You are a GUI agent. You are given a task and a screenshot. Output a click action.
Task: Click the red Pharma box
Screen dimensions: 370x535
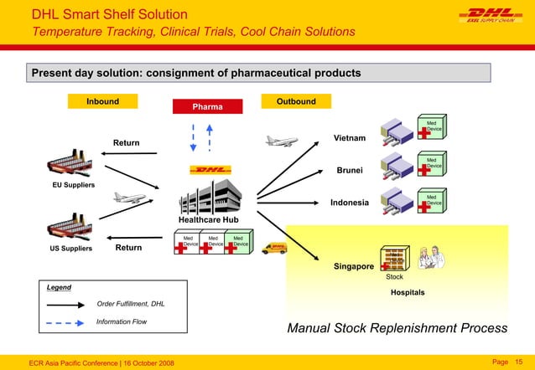[x=207, y=107]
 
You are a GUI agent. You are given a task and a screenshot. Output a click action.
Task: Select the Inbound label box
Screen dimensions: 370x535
[x=102, y=101]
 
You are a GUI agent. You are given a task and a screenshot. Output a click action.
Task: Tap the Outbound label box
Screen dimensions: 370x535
[x=296, y=101]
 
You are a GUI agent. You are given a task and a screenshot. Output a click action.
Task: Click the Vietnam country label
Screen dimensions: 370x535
[x=350, y=138]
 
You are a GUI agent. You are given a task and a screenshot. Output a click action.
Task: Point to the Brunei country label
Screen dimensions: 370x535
[x=350, y=171]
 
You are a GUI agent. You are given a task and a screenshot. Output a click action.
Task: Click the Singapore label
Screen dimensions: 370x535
[x=353, y=266]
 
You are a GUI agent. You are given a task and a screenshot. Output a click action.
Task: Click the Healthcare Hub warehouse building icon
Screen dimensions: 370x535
[x=208, y=197]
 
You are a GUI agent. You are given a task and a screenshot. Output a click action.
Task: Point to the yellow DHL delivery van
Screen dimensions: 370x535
[x=274, y=247]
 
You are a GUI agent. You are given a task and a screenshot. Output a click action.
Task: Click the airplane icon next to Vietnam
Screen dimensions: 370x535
[x=282, y=141]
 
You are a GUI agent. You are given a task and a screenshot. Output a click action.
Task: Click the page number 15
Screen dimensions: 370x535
[x=517, y=361]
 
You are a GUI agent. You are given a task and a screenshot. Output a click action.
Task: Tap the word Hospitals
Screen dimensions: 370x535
[x=408, y=293]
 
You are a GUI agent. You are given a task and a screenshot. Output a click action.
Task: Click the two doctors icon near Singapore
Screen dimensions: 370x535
[x=434, y=258]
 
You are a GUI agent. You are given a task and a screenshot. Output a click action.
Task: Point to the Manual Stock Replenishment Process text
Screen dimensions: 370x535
[x=397, y=327]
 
